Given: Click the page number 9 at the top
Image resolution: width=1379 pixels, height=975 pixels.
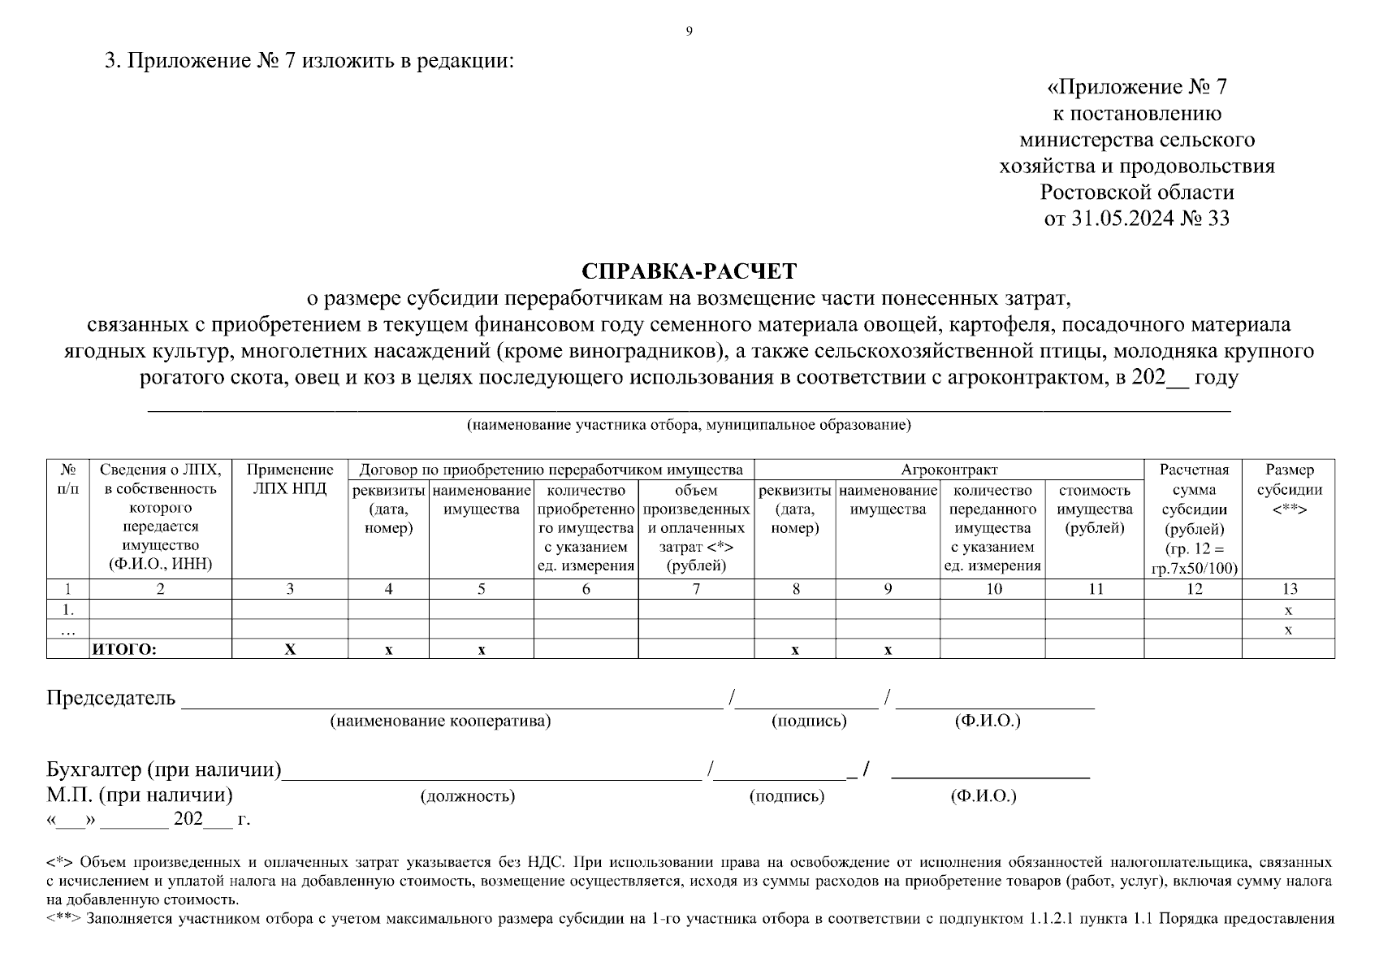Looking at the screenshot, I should [x=689, y=32].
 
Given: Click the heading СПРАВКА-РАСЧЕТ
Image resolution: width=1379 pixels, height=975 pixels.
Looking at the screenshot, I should [x=689, y=271].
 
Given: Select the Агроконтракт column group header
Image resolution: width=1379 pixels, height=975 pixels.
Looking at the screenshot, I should [x=949, y=470].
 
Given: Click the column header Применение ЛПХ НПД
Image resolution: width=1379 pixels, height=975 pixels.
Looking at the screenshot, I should [x=289, y=479].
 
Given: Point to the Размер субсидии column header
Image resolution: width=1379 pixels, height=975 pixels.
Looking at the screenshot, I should [x=1289, y=489].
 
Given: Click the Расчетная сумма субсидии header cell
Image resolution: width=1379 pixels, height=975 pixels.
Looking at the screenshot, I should [x=1193, y=518].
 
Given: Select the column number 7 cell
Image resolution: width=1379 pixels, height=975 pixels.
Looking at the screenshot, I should [x=696, y=589].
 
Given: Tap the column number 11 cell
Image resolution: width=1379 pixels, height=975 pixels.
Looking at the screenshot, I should [x=1095, y=589].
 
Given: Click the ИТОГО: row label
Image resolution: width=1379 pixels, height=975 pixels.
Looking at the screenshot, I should [x=124, y=649].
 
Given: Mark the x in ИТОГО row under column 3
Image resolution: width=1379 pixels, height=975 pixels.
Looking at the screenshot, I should [x=290, y=649].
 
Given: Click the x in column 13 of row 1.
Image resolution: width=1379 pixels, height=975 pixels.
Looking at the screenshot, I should [x=1289, y=610].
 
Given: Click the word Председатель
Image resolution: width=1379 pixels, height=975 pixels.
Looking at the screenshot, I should [x=110, y=698].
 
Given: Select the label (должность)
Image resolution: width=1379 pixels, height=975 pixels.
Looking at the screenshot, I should [x=467, y=796].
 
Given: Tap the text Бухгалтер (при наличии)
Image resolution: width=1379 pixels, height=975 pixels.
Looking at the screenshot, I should [x=163, y=769].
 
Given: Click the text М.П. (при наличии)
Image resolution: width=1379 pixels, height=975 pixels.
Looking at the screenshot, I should [x=140, y=795].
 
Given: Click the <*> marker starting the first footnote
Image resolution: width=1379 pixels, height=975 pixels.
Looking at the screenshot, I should [x=61, y=862].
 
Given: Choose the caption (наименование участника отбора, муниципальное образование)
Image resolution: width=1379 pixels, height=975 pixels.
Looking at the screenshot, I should [x=689, y=425].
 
